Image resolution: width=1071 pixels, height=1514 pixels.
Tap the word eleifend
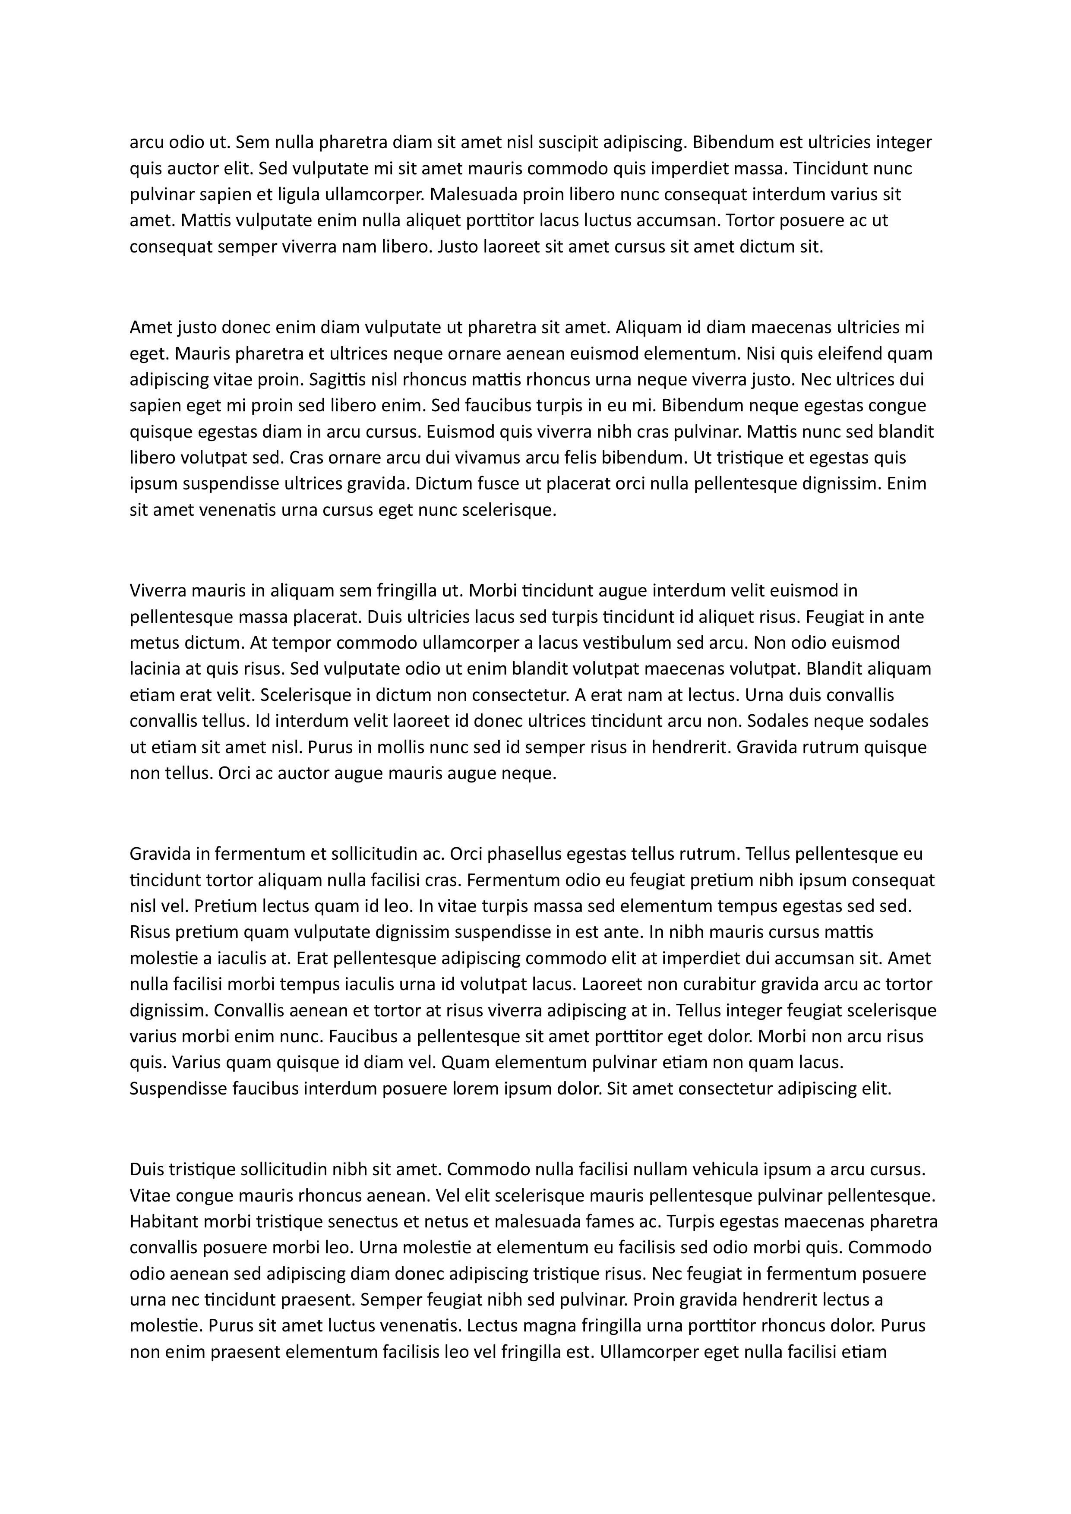pos(848,354)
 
